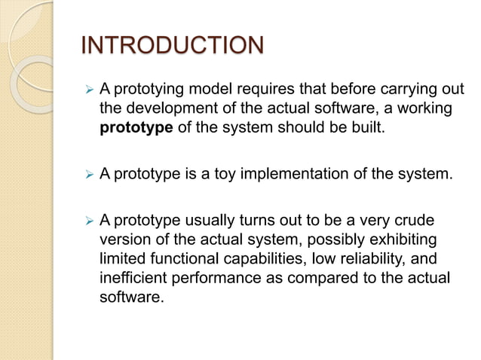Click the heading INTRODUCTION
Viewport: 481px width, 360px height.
pyautogui.click(x=172, y=46)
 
